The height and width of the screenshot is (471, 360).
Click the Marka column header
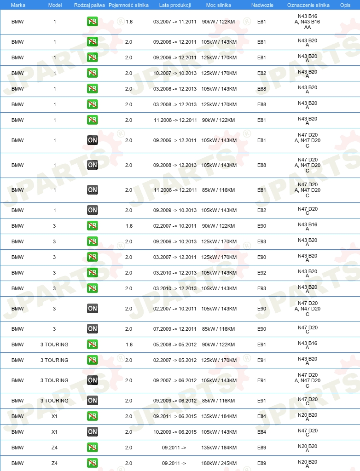18,5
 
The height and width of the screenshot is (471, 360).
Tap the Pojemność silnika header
128,5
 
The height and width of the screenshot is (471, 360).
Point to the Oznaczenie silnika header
308,5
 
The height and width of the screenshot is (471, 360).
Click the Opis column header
345,5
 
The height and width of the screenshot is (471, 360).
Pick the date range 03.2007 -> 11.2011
174,22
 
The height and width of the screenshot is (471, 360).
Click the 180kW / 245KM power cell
219,463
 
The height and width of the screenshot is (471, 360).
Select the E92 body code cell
261,273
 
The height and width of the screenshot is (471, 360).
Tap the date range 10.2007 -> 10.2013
174,73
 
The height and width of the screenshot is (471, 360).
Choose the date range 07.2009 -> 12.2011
174,329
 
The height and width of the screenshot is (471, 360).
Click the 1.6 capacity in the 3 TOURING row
129,345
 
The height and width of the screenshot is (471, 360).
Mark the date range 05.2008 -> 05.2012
174,345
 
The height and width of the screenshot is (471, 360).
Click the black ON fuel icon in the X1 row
93,432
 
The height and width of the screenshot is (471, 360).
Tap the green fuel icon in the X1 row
93,416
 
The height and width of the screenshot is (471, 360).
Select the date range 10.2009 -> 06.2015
174,432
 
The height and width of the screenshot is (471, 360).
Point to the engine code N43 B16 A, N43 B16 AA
308,22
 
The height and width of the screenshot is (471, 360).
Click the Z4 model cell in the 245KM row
54,463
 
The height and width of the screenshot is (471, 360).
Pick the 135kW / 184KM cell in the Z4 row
219,448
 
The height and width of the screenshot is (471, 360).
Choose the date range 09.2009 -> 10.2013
174,210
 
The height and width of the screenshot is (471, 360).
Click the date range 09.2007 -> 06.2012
174,380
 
